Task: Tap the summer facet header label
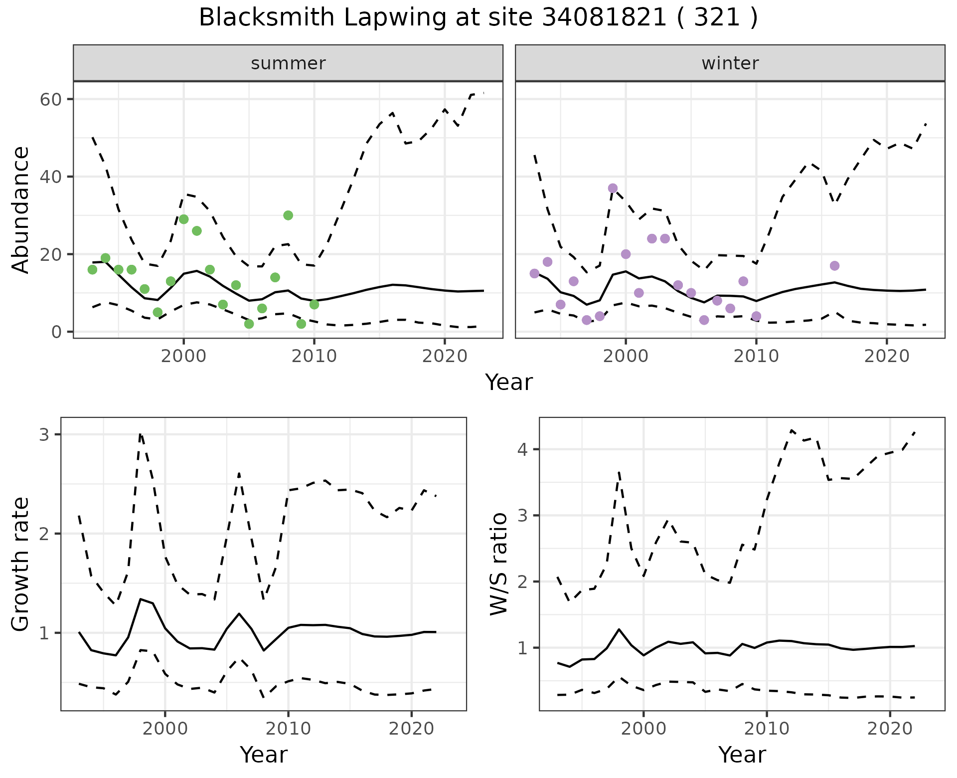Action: (288, 63)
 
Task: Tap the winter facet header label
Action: (730, 63)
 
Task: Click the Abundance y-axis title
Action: (20, 210)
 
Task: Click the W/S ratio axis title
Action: (499, 564)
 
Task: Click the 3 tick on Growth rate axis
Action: (44, 435)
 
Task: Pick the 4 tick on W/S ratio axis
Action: (522, 449)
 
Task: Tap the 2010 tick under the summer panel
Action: (314, 356)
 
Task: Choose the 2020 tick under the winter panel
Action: (887, 356)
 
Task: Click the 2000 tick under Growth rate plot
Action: (165, 729)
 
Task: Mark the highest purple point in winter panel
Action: (613, 189)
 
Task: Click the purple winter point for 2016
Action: (835, 266)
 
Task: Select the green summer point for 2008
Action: (288, 215)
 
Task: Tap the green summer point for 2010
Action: (314, 304)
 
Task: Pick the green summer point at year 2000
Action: (183, 219)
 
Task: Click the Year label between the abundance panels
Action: (509, 383)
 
